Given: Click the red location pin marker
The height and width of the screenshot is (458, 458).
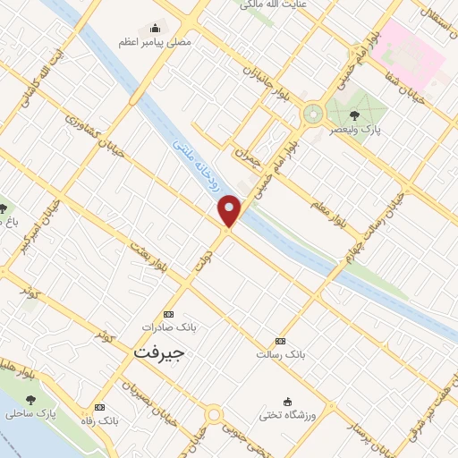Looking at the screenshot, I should (230, 210).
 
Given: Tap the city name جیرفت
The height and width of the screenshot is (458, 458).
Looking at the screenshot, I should (159, 352).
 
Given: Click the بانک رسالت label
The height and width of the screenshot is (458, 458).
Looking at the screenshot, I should (282, 355).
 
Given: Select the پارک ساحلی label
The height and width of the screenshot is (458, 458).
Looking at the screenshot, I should (30, 414).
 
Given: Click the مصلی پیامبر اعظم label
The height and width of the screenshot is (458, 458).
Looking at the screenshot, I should (155, 41).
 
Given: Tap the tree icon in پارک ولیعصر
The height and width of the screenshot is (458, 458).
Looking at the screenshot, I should (355, 114).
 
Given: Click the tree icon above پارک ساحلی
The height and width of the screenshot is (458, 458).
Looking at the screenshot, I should (31, 400).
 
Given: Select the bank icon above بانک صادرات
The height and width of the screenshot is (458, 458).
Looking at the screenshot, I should (168, 314).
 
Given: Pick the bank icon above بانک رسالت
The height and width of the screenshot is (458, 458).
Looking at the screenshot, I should (281, 341).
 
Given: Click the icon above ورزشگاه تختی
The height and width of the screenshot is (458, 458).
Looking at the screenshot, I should (287, 401).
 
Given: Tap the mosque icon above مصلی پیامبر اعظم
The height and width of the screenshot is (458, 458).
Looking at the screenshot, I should (156, 28).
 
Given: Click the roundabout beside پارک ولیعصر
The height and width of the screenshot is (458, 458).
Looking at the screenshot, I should (313, 114).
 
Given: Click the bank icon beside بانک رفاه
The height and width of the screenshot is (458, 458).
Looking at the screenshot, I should (98, 406).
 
